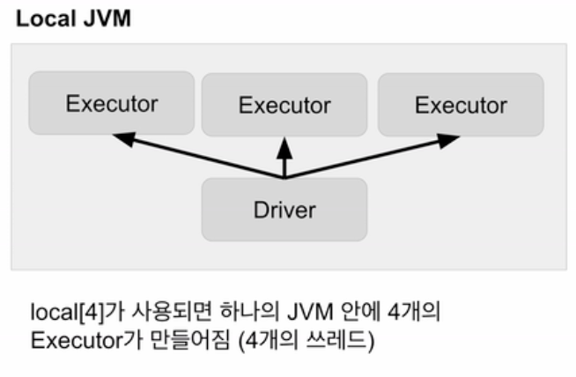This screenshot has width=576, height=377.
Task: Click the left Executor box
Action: tap(111, 104)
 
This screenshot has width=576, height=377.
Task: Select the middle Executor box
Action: tap(284, 105)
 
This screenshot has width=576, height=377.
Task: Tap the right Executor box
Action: tap(460, 105)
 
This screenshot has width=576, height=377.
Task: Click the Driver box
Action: tap(284, 210)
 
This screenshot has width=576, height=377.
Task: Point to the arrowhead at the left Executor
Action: tap(123, 137)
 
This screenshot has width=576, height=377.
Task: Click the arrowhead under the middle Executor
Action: tap(284, 142)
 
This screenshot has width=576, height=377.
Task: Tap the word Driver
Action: tap(284, 210)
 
